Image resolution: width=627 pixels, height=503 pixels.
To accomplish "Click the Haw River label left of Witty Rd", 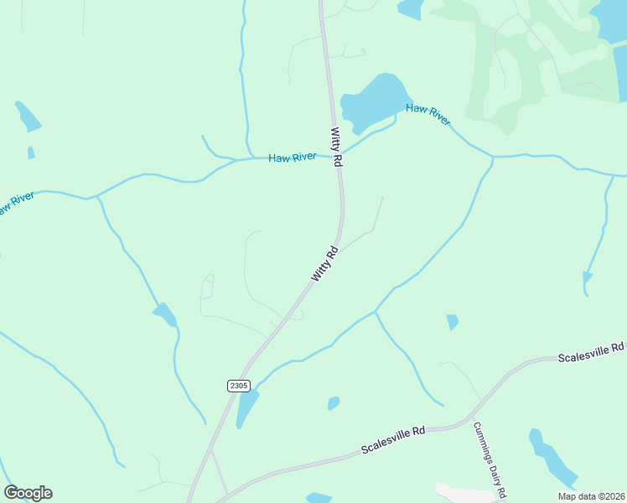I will [x=292, y=158].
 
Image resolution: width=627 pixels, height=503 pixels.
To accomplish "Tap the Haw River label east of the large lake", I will [x=428, y=114].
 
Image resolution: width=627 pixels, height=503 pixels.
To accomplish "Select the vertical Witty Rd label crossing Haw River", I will [x=337, y=147].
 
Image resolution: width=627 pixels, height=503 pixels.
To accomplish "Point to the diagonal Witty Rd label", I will [x=324, y=264].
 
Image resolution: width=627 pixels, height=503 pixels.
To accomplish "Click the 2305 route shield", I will [x=238, y=385].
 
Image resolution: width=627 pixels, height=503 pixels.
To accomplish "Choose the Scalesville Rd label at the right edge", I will [x=592, y=352].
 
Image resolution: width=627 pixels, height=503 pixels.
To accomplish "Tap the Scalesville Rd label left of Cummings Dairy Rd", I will [x=393, y=439].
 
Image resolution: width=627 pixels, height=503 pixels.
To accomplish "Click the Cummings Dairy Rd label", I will [x=490, y=458].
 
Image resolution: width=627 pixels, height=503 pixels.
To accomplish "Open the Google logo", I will [x=28, y=493].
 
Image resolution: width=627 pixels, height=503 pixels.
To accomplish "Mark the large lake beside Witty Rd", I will [x=374, y=101].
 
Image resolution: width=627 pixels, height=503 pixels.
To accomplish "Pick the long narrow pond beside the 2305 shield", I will [x=246, y=407].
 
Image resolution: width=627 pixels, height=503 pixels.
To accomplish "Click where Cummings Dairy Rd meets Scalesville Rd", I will [x=471, y=416].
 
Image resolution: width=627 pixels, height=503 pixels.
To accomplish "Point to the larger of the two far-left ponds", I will [x=28, y=117].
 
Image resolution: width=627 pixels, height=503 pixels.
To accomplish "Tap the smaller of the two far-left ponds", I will [x=31, y=153].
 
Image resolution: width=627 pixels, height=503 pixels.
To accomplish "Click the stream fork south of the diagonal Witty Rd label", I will [x=376, y=311].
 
